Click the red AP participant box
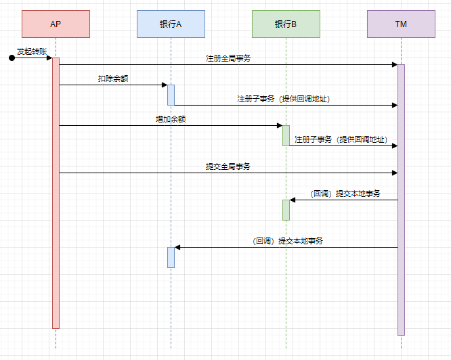click(56, 24)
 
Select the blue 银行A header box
click(171, 24)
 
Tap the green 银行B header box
click(286, 24)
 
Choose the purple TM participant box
click(401, 24)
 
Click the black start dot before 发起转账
click(12, 58)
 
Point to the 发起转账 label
click(32, 51)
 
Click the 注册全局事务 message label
click(228, 58)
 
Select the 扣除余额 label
click(113, 78)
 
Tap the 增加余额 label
click(171, 119)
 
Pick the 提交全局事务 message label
click(228, 166)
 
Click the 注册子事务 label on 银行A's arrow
click(283, 99)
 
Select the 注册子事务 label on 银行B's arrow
click(341, 139)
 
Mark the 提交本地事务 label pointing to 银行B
click(345, 194)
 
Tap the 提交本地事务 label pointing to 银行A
click(287, 241)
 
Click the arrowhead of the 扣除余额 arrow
click(165, 85)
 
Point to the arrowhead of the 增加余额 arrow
click(280, 125)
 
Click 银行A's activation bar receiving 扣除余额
click(171, 95)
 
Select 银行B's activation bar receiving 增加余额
click(286, 135)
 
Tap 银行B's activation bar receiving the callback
click(286, 210)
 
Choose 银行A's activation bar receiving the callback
click(171, 257)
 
